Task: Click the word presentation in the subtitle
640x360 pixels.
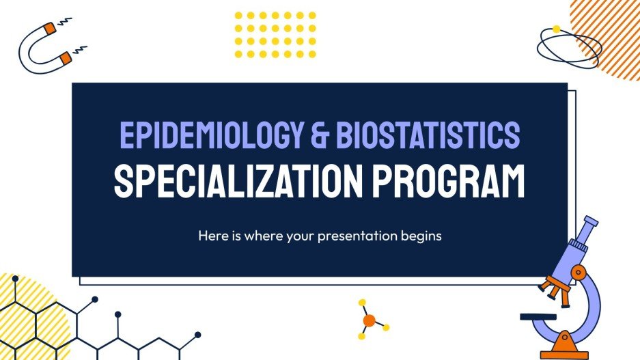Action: coord(363,236)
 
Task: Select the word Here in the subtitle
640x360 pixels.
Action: coord(210,236)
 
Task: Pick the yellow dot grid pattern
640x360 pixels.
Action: coord(275,34)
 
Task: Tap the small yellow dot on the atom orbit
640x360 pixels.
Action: coord(556,29)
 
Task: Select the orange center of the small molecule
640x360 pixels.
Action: coord(369,320)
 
